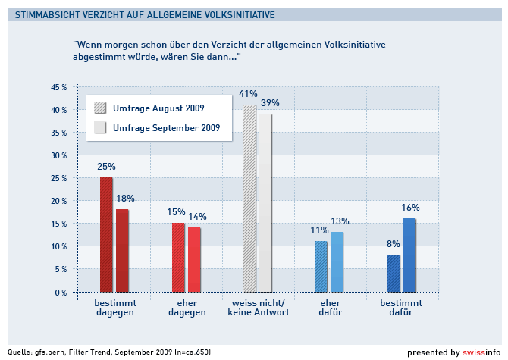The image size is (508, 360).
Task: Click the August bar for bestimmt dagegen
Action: click(106, 235)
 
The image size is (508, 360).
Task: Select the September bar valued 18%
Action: click(122, 251)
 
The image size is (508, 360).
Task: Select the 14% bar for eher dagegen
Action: click(194, 260)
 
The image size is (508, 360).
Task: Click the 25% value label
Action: click(106, 167)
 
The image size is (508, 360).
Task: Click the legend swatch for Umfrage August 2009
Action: click(101, 108)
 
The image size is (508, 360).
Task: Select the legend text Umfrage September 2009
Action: click(166, 128)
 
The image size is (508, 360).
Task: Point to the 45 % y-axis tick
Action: click(59, 87)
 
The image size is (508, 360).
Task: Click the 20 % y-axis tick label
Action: click(59, 201)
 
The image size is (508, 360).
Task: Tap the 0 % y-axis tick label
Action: click(61, 293)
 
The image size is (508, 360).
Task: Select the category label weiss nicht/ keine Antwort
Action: click(259, 308)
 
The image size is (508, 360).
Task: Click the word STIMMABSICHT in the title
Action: click(45, 14)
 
